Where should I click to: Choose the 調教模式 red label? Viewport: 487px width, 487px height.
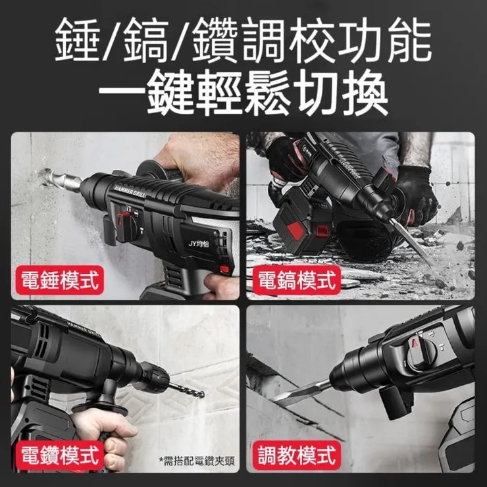(x=296, y=454)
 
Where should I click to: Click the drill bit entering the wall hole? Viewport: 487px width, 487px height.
(x=63, y=182)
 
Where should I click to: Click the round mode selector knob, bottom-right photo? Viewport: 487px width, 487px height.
(x=421, y=355)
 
